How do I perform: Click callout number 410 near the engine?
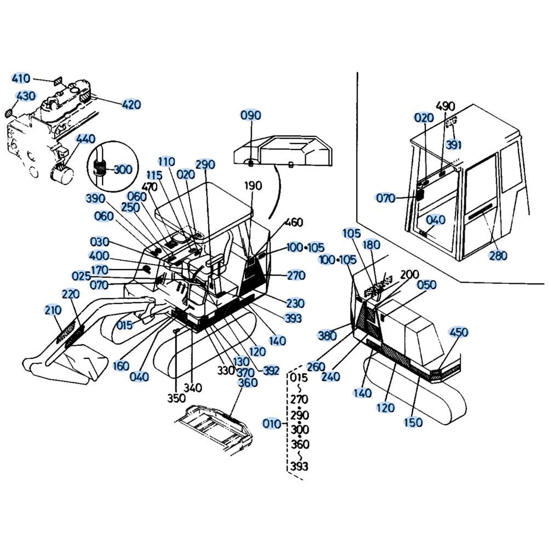click(21, 78)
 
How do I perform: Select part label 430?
click(26, 96)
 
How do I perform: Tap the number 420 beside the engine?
click(132, 104)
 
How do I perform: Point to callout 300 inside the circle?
click(123, 169)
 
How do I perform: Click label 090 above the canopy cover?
click(251, 115)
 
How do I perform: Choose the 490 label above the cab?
click(446, 106)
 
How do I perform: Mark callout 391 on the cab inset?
click(454, 144)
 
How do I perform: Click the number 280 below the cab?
click(498, 255)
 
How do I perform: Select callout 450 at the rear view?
click(459, 332)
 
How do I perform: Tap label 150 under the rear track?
click(413, 422)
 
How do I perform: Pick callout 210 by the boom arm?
click(53, 310)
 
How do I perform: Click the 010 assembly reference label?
click(272, 424)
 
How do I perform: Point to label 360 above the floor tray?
click(248, 383)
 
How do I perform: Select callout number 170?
click(100, 270)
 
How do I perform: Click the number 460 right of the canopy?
click(294, 222)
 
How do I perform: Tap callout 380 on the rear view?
click(327, 335)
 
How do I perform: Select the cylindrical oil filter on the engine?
click(63, 172)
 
